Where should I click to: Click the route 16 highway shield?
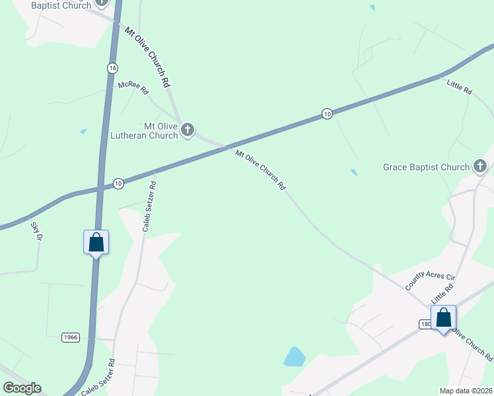(113, 69)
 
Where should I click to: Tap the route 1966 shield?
(71, 337)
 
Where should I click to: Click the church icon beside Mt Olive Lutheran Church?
(188, 130)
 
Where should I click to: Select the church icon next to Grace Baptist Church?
(480, 167)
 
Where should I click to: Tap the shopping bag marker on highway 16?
(96, 242)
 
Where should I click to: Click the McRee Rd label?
(133, 88)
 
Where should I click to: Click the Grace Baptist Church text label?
(426, 168)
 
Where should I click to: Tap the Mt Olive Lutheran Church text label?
(161, 131)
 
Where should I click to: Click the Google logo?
(22, 388)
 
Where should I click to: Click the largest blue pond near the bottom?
(295, 356)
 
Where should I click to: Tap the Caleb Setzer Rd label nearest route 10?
(149, 206)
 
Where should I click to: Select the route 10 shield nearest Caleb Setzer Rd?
(118, 183)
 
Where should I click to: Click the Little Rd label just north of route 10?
(459, 86)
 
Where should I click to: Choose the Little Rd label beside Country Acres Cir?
(443, 290)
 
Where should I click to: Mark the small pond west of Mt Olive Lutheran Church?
(83, 131)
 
